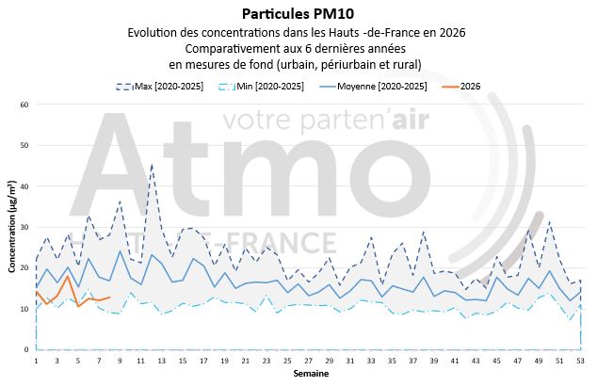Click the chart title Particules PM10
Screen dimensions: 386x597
click(x=298, y=13)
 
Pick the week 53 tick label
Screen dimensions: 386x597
click(x=581, y=360)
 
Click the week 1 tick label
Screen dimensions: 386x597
click(x=36, y=360)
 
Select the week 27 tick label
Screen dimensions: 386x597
click(x=309, y=360)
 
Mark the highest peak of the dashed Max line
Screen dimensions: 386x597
click(x=152, y=165)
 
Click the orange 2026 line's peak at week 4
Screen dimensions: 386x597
click(x=68, y=276)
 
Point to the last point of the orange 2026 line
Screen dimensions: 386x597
click(x=110, y=298)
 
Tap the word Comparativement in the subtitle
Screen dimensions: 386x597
click(x=234, y=48)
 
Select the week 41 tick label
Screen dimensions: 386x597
click(x=456, y=360)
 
